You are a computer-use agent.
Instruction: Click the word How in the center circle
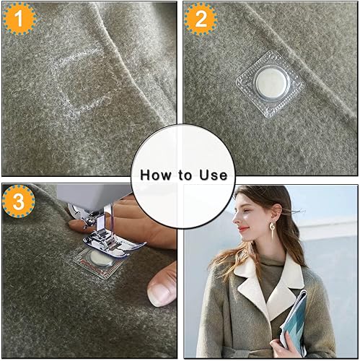[x=154, y=175]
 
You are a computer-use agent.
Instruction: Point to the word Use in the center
[x=214, y=175]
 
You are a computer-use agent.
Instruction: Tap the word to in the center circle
[x=186, y=175]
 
